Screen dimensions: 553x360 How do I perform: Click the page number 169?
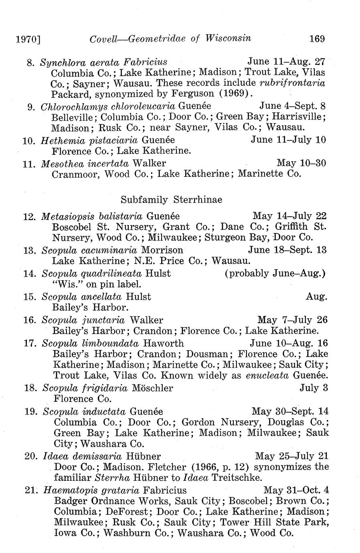317,38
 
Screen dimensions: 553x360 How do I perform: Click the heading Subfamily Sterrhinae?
171,199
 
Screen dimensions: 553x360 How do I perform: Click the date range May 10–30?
301,163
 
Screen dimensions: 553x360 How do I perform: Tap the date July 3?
314,388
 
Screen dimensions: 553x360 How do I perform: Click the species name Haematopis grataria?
91,490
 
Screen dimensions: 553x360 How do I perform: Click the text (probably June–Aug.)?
275,273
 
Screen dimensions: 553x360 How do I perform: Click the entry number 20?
31,456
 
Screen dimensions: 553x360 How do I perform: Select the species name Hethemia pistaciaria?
89,140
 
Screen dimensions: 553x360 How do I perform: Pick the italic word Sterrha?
110,478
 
